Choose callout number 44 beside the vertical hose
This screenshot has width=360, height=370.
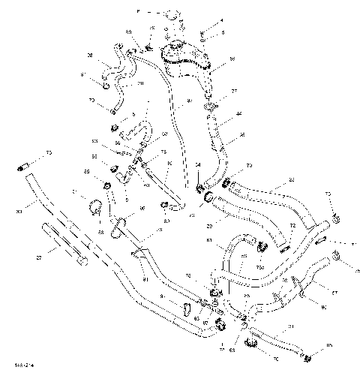pyautogui.click(x=239, y=114)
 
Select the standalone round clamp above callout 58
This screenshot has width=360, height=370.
pyautogui.click(x=95, y=206)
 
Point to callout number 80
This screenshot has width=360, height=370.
pyautogui.click(x=166, y=221)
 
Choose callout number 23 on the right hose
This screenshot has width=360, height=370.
pyautogui.click(x=291, y=180)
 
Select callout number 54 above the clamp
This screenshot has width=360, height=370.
pyautogui.click(x=198, y=165)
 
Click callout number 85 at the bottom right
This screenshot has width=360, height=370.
pyautogui.click(x=328, y=346)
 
